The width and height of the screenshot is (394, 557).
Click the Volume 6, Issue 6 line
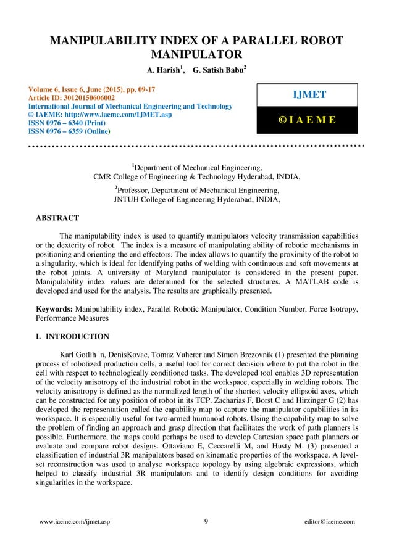[89, 89]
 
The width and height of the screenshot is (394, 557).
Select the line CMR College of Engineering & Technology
[197, 177]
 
